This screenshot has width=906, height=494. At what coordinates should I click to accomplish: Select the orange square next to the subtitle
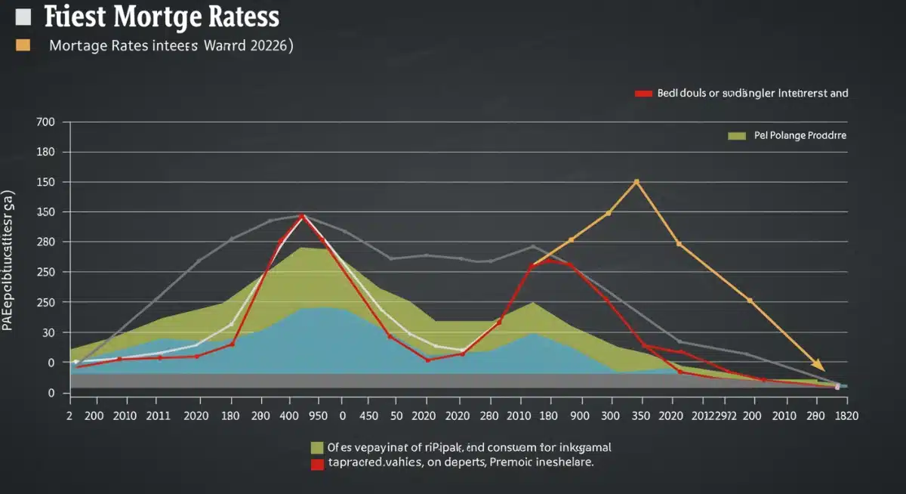click(x=23, y=45)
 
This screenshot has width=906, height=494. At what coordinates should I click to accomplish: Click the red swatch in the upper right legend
click(x=643, y=94)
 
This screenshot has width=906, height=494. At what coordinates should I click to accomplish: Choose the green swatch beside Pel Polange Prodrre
click(x=736, y=136)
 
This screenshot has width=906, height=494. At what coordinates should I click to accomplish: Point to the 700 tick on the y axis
click(x=46, y=122)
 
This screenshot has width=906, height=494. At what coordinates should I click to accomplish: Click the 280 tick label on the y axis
click(x=46, y=242)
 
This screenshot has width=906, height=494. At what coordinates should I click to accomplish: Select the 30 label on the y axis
click(x=49, y=332)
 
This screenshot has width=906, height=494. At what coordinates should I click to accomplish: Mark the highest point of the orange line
click(x=636, y=182)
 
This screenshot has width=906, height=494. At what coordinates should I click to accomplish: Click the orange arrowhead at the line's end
click(x=818, y=366)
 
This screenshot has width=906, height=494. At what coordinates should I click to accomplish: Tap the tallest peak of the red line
click(x=303, y=217)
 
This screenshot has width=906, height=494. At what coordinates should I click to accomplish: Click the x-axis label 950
click(x=318, y=415)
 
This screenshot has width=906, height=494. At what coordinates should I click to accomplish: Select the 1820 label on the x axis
click(x=846, y=415)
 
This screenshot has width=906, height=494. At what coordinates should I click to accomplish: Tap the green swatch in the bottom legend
click(x=317, y=447)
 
